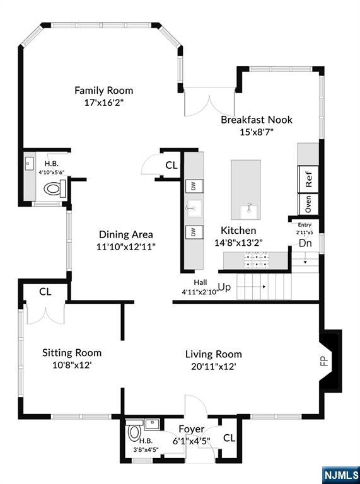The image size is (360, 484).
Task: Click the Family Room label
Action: coord(104,91)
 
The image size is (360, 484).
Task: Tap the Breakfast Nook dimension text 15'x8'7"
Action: coord(257,132)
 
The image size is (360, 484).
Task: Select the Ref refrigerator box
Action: coord(308,180)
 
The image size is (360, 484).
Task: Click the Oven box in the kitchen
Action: coord(308,204)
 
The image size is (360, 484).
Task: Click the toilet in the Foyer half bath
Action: coord(134,433)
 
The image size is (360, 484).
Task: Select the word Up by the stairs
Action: coord(224,287)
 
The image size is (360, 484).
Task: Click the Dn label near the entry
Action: coord(305,243)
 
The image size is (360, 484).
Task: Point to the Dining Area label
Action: coord(125,234)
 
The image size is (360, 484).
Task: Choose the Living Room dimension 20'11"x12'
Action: coord(214,366)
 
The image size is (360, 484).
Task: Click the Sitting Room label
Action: coord(72,352)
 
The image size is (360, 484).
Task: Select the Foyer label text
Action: coord(192,429)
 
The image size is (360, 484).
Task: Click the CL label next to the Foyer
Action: coord(229,438)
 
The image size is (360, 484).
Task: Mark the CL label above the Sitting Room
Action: coord(45,292)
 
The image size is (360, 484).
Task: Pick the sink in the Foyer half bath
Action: coord(152,424)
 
